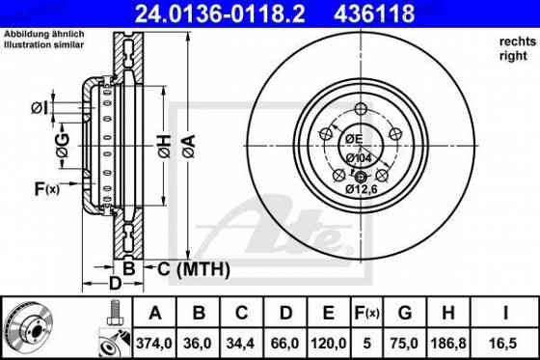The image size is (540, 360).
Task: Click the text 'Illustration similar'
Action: click(x=45, y=43)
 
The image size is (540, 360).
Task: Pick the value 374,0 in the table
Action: click(x=151, y=341)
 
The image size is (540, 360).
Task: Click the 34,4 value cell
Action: click(x=242, y=341)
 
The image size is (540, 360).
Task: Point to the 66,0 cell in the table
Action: click(x=286, y=341)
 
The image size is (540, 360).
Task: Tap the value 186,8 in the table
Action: click(x=446, y=341)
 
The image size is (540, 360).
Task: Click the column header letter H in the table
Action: click(x=446, y=313)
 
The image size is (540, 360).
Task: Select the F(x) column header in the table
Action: click(x=367, y=313)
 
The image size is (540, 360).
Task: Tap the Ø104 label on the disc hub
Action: click(x=361, y=156)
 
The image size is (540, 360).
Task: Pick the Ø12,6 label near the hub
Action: click(x=361, y=190)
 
